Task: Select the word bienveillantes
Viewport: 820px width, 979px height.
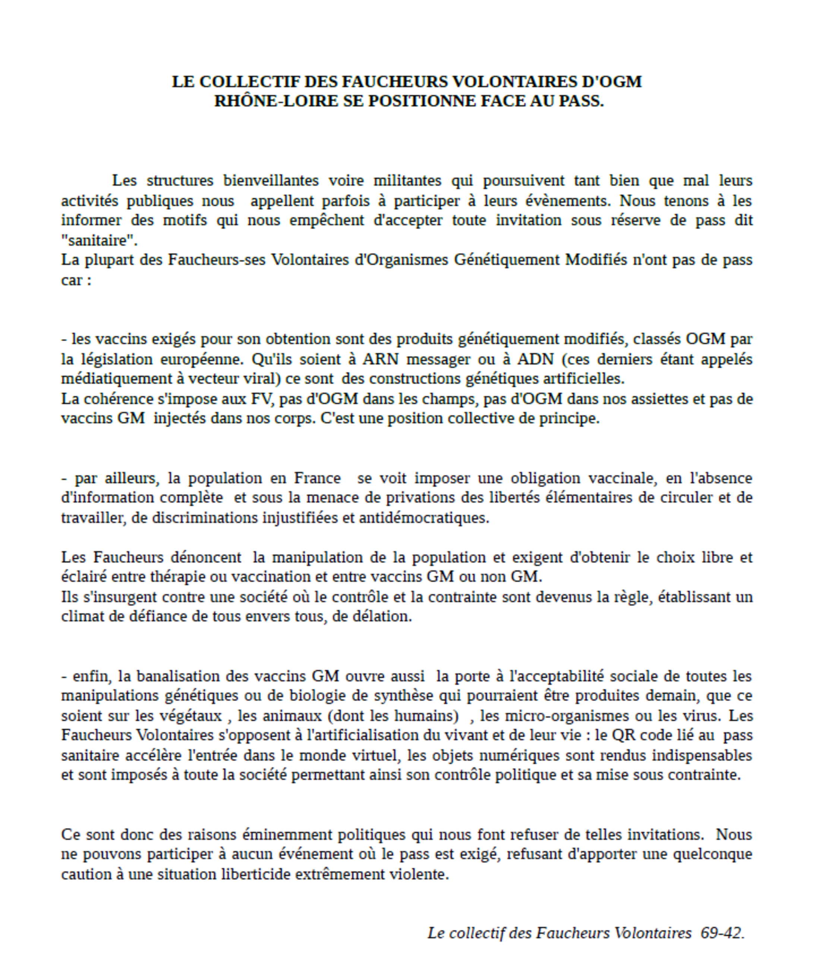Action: pyautogui.click(x=271, y=180)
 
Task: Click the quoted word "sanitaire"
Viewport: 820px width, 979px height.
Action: pyautogui.click(x=99, y=241)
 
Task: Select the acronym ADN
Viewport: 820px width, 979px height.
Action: pyautogui.click(x=535, y=359)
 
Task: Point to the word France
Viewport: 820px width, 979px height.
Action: pyautogui.click(x=317, y=478)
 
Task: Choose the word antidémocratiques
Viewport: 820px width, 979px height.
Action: pyautogui.click(x=423, y=518)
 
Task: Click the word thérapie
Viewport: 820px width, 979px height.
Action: pyautogui.click(x=178, y=577)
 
